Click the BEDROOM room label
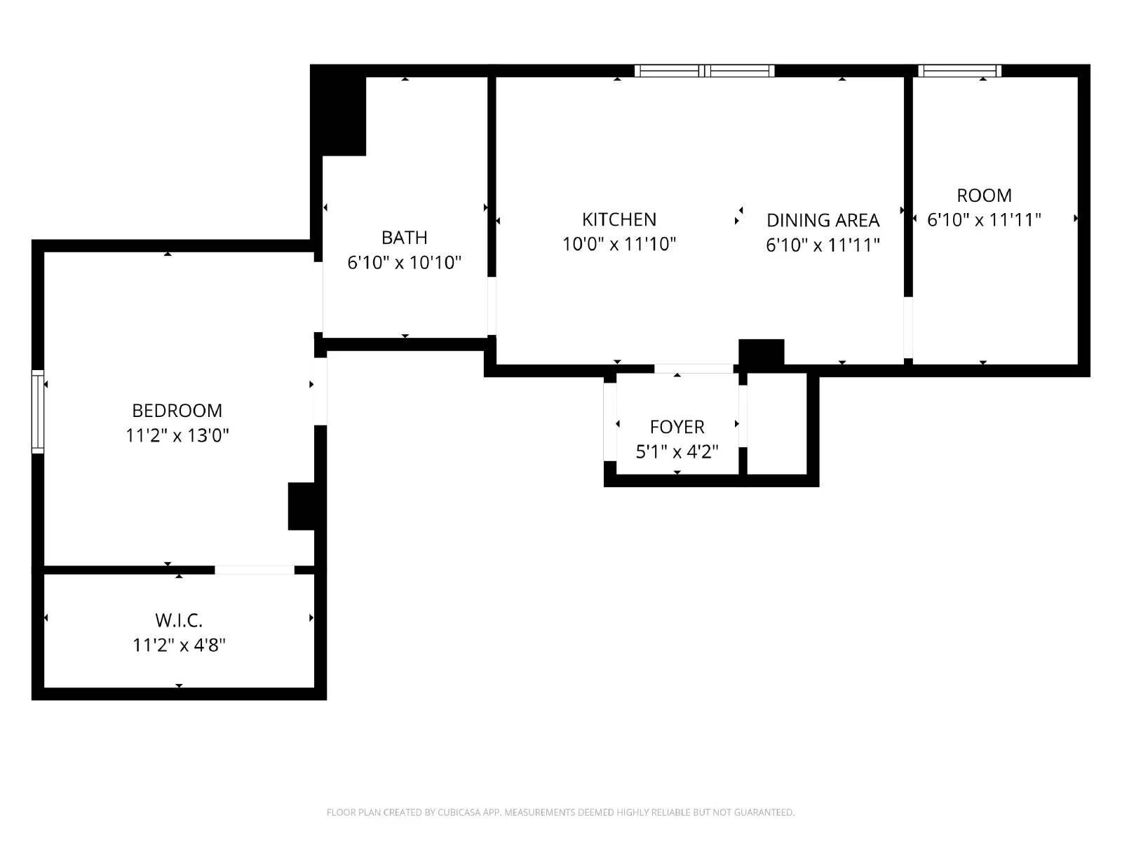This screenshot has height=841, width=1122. pos(177,411)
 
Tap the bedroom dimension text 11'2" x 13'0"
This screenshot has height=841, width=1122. pos(177,435)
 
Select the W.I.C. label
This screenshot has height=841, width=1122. pos(179,620)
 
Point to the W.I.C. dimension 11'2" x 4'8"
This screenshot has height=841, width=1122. pos(179,645)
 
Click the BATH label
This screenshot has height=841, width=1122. pos(405,238)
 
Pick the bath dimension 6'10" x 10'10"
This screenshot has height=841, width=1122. pos(405,263)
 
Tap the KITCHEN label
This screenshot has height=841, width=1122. pos(619,219)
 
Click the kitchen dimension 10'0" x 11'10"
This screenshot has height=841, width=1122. pos(619,244)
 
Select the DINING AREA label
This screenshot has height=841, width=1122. pos(823,220)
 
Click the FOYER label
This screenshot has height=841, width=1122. pos(677,427)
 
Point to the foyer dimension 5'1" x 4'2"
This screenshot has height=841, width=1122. pos(677,452)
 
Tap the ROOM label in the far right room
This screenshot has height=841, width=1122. pos(984,196)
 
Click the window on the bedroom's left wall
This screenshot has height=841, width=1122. pos(38,411)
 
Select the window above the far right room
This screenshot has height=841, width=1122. pos(959,71)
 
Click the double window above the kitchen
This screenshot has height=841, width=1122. pos(704,71)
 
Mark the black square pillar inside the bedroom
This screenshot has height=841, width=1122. pos(302,506)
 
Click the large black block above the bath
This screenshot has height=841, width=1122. pos(339,112)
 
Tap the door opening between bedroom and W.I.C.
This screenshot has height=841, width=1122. pos(254,570)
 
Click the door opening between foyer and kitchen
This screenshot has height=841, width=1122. pos(693,369)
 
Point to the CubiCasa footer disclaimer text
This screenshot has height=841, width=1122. pos(560,812)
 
